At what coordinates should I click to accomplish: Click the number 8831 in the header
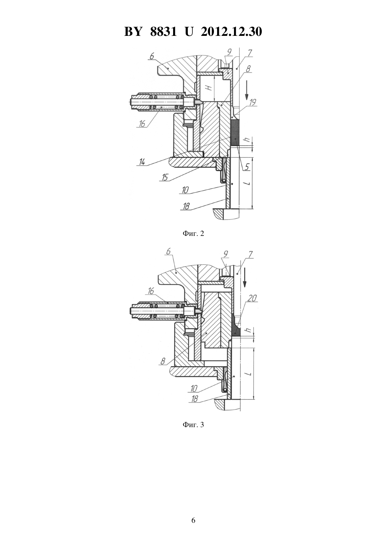(x=163, y=32)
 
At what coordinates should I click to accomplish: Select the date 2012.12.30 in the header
(x=231, y=32)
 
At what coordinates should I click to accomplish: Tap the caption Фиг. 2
(x=193, y=233)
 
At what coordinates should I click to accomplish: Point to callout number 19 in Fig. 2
(x=253, y=102)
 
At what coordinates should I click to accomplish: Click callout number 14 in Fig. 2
(x=142, y=162)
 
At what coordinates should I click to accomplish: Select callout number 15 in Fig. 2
(x=165, y=177)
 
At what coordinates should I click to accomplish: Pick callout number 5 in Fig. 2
(x=247, y=167)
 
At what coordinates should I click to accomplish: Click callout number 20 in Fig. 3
(x=252, y=298)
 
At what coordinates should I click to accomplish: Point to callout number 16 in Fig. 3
(x=151, y=291)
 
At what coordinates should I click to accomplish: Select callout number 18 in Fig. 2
(x=186, y=206)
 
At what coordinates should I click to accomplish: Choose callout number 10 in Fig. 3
(x=194, y=388)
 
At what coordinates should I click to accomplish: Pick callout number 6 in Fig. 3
(x=168, y=251)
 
